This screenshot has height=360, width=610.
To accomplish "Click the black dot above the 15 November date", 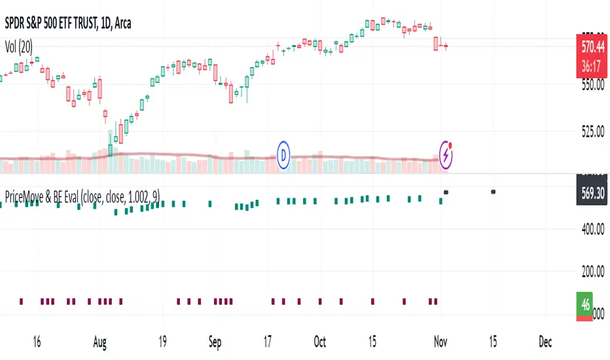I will (x=493, y=192).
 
